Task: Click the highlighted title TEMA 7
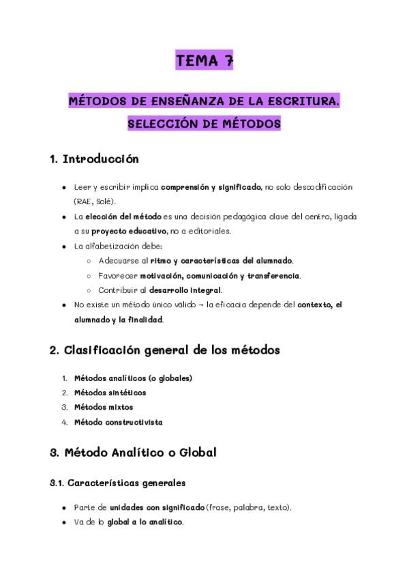click(204, 61)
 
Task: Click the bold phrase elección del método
click(123, 216)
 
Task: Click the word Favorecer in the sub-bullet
click(118, 275)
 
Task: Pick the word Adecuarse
click(119, 261)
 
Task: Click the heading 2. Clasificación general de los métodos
click(165, 350)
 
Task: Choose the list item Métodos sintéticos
click(110, 393)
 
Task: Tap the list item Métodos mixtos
click(104, 407)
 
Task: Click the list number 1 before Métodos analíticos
click(64, 378)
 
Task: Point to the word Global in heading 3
click(197, 452)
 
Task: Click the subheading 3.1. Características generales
click(117, 483)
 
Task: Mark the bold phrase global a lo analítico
click(145, 522)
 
